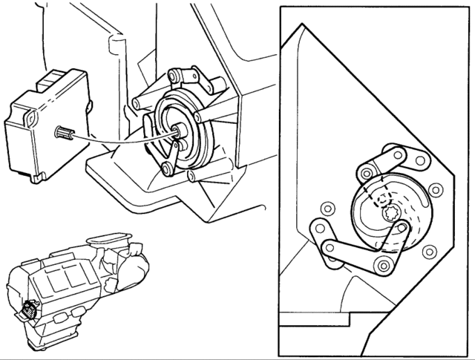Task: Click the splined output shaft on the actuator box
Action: point(62,134)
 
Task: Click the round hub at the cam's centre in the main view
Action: point(179,131)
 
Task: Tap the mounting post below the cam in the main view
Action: point(192,174)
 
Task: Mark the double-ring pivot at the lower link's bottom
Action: point(384,266)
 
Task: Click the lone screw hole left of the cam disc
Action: point(324,208)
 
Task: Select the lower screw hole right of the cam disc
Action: point(427,252)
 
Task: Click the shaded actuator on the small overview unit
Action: point(30,310)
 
